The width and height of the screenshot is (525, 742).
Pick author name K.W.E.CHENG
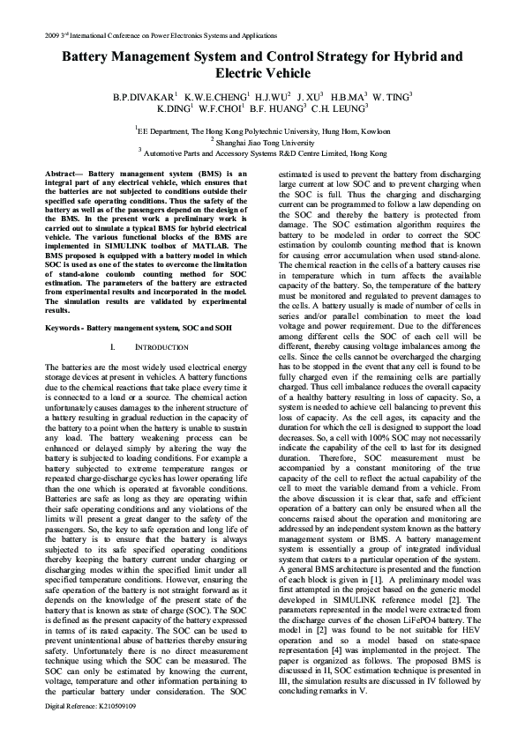pyautogui.click(x=216, y=95)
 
